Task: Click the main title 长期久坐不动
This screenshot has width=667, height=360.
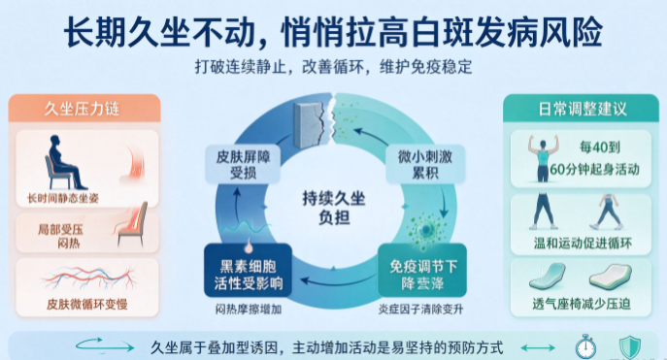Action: [x=159, y=32]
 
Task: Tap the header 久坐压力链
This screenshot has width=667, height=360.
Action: [x=83, y=110]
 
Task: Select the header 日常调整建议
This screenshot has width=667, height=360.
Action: [x=583, y=110]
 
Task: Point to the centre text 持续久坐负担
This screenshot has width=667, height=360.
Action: [x=334, y=208]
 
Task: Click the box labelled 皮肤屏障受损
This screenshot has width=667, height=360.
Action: [x=243, y=165]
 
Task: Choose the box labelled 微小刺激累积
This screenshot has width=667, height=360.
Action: [x=425, y=165]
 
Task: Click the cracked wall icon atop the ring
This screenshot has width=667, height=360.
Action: [x=312, y=123]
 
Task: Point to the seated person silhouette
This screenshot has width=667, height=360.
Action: [x=64, y=162]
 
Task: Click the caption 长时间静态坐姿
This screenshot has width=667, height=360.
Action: [x=63, y=199]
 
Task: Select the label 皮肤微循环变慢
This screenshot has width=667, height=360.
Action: [x=87, y=305]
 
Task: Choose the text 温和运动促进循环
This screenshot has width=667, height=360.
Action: [x=583, y=244]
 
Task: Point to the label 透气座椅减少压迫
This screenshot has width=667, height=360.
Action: [x=581, y=305]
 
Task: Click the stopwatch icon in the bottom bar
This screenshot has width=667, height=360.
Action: [x=585, y=346]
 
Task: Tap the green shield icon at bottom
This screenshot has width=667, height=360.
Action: [x=630, y=347]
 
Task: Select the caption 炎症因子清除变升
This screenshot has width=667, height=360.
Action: [x=420, y=310]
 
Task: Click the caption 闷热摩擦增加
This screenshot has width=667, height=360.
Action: [x=249, y=310]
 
